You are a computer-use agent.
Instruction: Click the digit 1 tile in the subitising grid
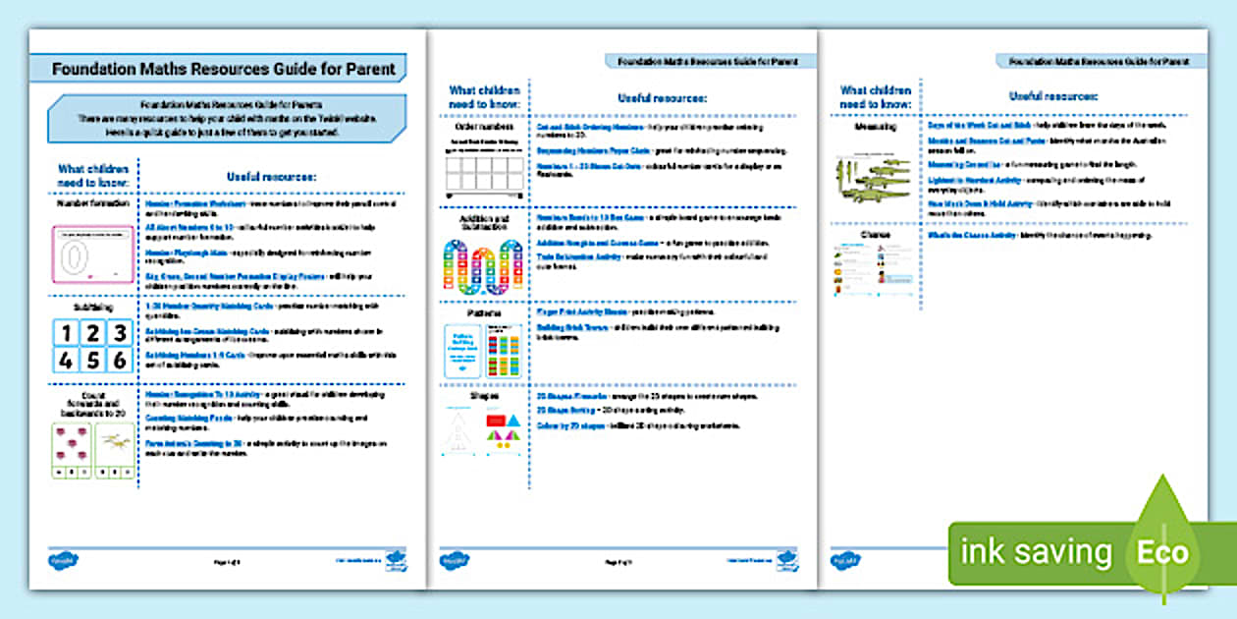66,333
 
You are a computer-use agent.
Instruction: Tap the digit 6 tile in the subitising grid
119,360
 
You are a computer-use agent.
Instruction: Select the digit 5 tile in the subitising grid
92,360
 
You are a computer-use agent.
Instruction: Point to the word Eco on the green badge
1162,552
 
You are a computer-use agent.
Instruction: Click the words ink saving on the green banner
1036,552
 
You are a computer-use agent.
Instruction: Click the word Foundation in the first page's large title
90,70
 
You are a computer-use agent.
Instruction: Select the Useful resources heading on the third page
1052,96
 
